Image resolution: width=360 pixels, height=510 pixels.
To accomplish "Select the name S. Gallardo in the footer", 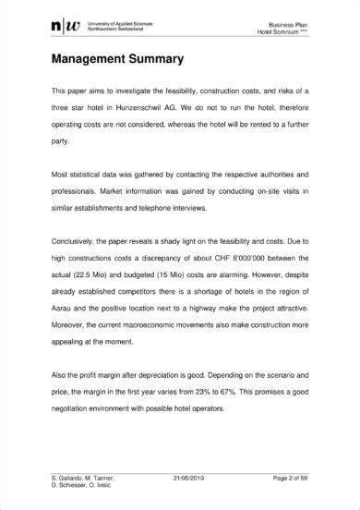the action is pos(68,478).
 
